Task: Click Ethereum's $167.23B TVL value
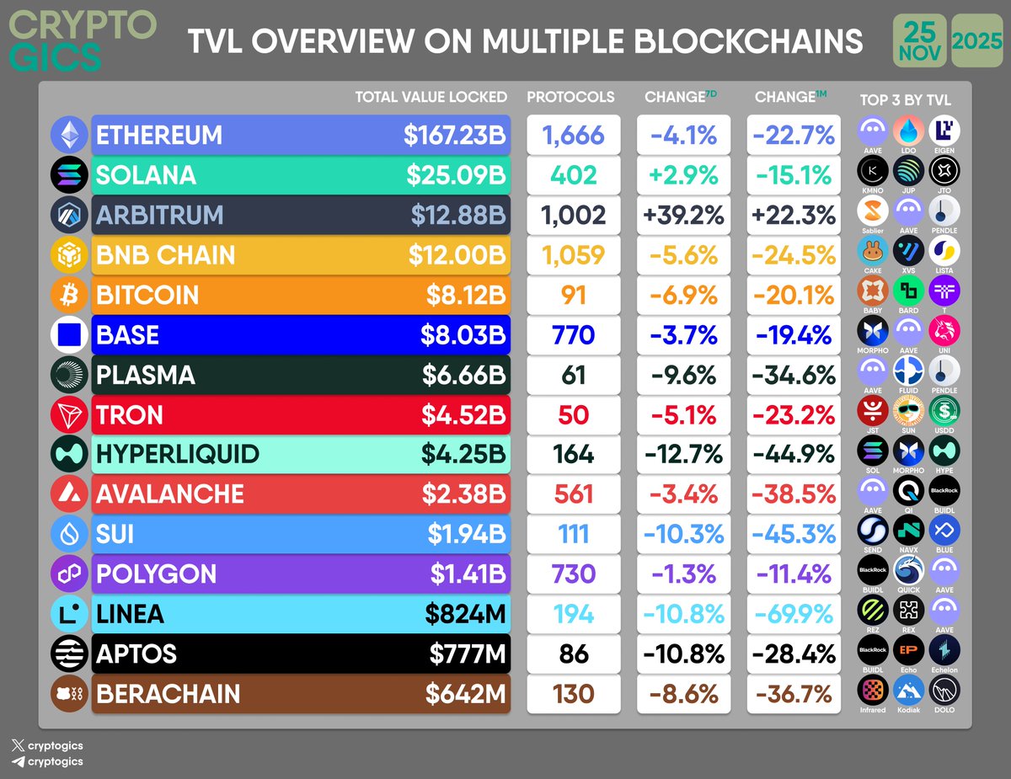tap(454, 136)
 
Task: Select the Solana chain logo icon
tap(68, 175)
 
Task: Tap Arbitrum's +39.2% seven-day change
tap(684, 215)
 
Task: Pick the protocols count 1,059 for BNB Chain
tap(573, 255)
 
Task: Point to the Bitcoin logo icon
tap(68, 296)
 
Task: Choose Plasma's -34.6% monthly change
tap(794, 375)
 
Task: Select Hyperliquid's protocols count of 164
tap(573, 455)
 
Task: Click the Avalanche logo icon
tap(68, 494)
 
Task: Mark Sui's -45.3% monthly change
tap(794, 534)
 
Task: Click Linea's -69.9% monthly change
tap(794, 614)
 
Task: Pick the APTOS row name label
tap(136, 654)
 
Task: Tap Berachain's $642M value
tap(466, 694)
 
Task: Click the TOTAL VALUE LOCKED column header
tap(431, 97)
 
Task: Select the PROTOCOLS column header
tap(570, 97)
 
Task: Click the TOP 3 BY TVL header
tap(905, 100)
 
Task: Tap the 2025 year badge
tap(976, 40)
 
